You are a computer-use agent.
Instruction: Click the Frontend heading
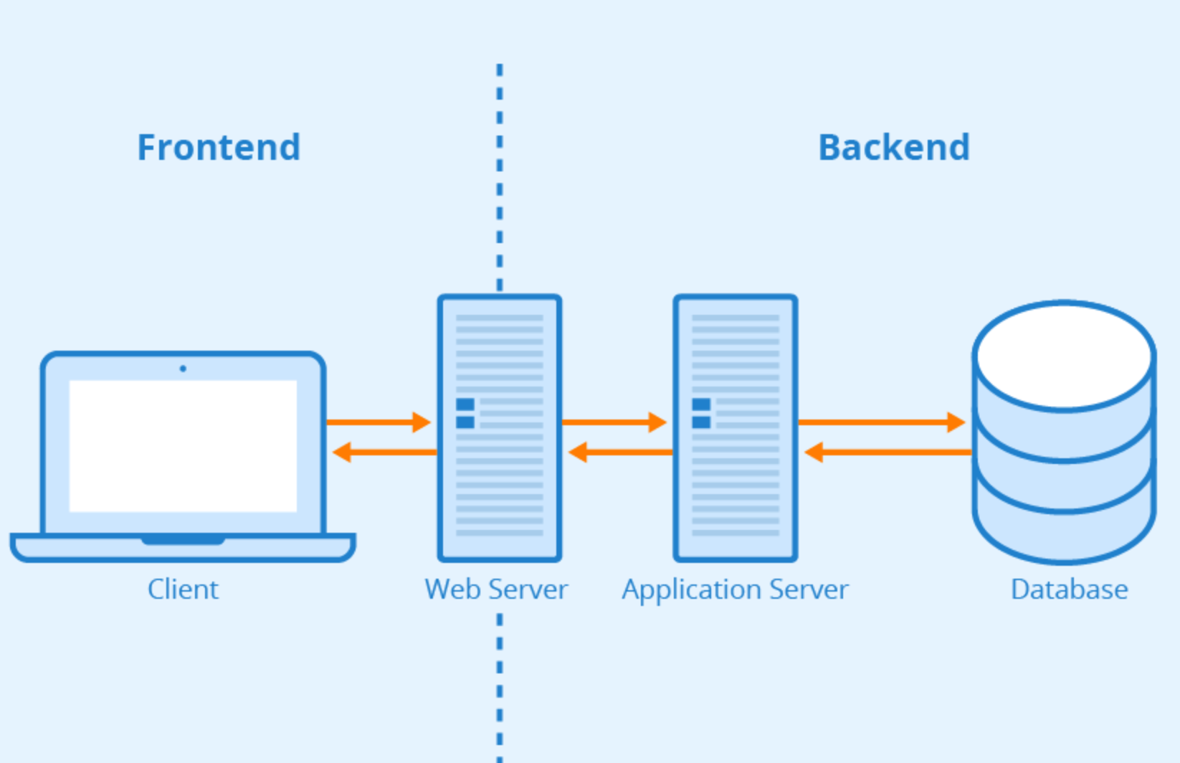pyautogui.click(x=219, y=148)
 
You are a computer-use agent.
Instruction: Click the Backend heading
pyautogui.click(x=893, y=148)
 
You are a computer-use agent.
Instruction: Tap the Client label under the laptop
pyautogui.click(x=183, y=589)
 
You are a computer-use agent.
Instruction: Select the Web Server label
pyautogui.click(x=496, y=589)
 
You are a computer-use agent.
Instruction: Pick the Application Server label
pyautogui.click(x=735, y=589)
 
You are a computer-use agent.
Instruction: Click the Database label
pyautogui.click(x=1069, y=589)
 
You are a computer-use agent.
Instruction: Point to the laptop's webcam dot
pyautogui.click(x=183, y=369)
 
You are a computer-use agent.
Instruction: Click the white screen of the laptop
pyautogui.click(x=183, y=446)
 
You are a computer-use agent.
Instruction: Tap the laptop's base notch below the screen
pyautogui.click(x=183, y=540)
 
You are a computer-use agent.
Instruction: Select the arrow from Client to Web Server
pyautogui.click(x=379, y=422)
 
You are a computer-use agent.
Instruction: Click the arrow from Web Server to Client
pyautogui.click(x=384, y=452)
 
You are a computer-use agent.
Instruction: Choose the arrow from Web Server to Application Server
pyautogui.click(x=614, y=422)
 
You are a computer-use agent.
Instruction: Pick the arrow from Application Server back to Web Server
pyautogui.click(x=620, y=452)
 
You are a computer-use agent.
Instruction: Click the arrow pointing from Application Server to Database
pyautogui.click(x=882, y=422)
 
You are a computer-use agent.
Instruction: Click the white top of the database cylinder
pyautogui.click(x=1065, y=356)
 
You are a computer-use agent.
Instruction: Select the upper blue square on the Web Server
pyautogui.click(x=465, y=404)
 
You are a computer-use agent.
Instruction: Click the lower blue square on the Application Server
pyautogui.click(x=701, y=422)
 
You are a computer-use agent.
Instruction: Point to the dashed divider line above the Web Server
pyautogui.click(x=500, y=179)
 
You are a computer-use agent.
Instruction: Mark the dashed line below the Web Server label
pyautogui.click(x=500, y=681)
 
